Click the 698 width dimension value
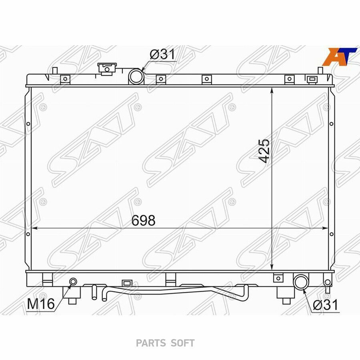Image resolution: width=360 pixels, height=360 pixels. (x=144, y=220)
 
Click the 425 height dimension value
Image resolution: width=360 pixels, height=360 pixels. (x=263, y=151)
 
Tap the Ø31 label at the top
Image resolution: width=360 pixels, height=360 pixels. (x=162, y=54)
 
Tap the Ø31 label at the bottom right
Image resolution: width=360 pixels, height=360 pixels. (x=326, y=305)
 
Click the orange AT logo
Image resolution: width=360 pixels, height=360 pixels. (x=340, y=56)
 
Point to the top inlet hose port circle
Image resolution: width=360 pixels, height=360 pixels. (x=136, y=76)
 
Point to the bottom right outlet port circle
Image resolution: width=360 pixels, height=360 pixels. (x=301, y=282)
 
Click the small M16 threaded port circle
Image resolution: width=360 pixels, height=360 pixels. (x=73, y=281)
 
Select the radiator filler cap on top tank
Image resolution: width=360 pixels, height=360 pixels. (x=107, y=69)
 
